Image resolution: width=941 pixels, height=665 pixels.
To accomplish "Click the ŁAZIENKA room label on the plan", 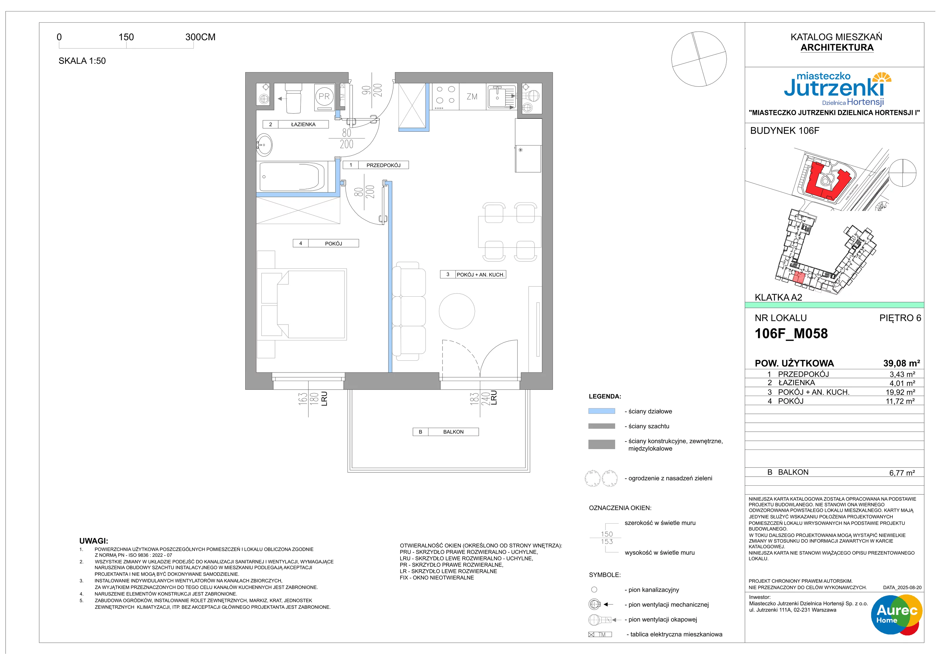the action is [303, 124].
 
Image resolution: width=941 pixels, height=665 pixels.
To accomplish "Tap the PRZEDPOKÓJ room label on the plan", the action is [383, 165].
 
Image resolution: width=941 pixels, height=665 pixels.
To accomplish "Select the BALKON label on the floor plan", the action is [453, 432].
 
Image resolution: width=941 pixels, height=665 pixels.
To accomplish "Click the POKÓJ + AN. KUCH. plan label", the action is [480, 275].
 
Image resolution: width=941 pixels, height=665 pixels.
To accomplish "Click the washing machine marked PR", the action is [324, 97].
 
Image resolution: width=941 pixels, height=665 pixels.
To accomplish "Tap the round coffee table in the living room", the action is [457, 311].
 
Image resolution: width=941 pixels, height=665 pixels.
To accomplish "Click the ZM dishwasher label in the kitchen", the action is [472, 97].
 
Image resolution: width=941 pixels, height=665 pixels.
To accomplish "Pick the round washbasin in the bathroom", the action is [264, 145].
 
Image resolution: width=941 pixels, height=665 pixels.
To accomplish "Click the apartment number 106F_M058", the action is [791, 333].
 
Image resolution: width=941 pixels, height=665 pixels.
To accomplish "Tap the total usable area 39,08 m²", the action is [902, 363].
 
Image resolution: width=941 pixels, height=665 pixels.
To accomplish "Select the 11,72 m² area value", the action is [900, 401].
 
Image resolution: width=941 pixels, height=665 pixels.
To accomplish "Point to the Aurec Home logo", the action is [896, 615].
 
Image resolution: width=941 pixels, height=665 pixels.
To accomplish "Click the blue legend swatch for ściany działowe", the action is [601, 411].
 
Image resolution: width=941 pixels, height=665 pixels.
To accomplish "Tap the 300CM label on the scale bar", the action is [201, 37].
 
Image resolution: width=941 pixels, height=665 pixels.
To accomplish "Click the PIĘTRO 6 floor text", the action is [900, 318].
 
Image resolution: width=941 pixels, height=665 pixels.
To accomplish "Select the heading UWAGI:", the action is [94, 541].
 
